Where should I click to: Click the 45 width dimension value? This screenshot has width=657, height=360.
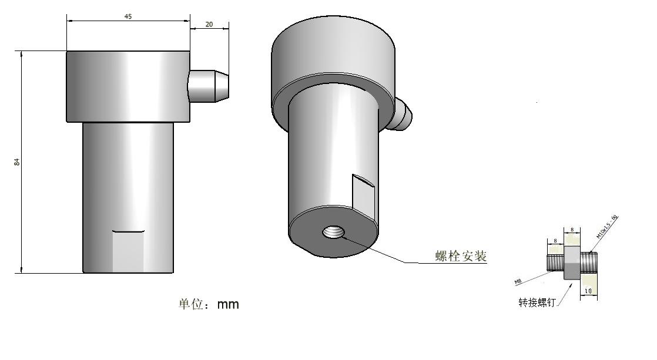tap(128, 16)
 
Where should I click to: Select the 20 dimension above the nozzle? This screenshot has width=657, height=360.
tap(209, 24)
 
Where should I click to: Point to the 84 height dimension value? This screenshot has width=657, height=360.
tap(17, 162)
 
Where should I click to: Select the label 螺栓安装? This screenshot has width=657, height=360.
tap(461, 256)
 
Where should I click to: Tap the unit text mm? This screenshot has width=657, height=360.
tap(228, 305)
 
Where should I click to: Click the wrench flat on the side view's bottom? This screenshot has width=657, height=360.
tap(129, 251)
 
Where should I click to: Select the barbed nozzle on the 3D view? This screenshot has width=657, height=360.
tap(402, 114)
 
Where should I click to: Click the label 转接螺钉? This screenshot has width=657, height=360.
tap(536, 302)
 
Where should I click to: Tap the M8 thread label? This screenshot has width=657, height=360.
tap(518, 282)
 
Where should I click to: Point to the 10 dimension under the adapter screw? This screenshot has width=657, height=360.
tap(588, 291)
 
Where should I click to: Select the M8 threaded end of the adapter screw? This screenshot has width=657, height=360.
tap(555, 263)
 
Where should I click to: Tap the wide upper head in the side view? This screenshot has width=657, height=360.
tap(128, 86)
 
